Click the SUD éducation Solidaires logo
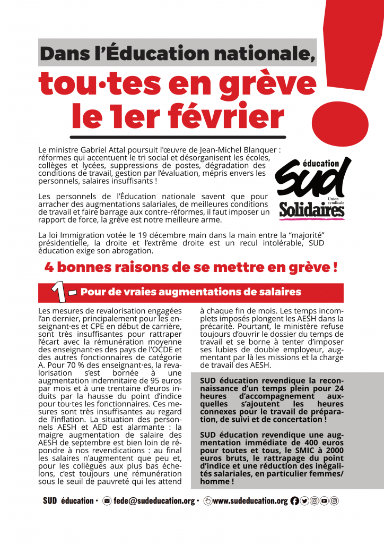[312, 188]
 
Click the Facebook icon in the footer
[295, 500]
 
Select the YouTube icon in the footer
[324, 500]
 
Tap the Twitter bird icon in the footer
[304, 500]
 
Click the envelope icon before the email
[107, 500]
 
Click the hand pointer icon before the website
[207, 500]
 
